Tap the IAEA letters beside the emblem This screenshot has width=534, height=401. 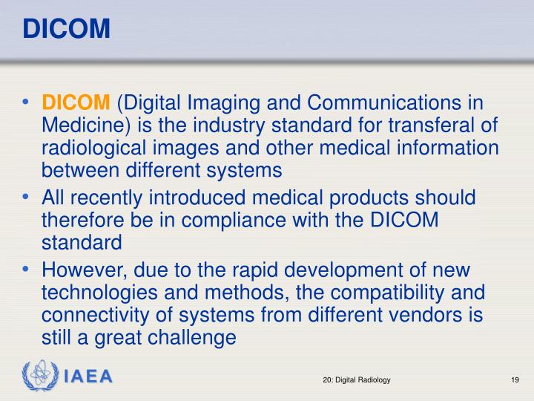tap(88, 376)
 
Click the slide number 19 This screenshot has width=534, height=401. tap(514, 380)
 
